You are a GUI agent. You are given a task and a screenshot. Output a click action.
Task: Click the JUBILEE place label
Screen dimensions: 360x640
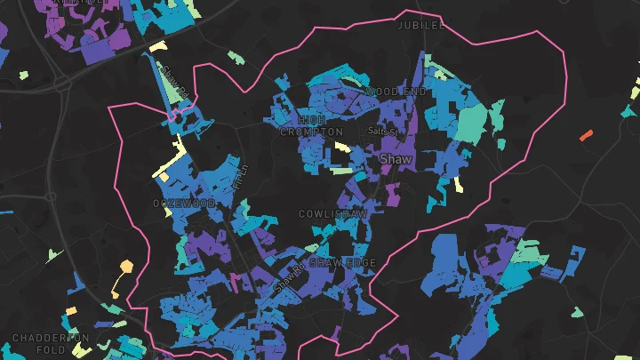(420, 26)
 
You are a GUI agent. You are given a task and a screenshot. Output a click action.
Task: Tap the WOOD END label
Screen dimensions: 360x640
(395, 92)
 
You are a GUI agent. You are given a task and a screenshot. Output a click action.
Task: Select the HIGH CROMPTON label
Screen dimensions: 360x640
(310, 125)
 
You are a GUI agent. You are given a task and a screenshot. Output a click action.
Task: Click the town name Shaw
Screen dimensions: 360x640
(396, 158)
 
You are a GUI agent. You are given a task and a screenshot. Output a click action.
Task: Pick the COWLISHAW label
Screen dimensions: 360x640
(332, 214)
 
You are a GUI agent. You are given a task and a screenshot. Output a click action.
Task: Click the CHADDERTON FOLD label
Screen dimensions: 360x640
(51, 344)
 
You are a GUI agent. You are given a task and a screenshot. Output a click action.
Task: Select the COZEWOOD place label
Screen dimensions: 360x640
(184, 204)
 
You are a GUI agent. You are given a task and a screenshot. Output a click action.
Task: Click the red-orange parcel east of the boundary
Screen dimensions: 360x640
(586, 135)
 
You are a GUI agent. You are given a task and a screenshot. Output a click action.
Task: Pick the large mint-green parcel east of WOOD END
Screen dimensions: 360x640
(472, 122)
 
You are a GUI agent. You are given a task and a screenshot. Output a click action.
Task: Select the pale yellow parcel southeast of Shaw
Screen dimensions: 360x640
(458, 184)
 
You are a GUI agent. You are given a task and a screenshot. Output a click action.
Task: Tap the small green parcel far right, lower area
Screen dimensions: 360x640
(578, 312)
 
